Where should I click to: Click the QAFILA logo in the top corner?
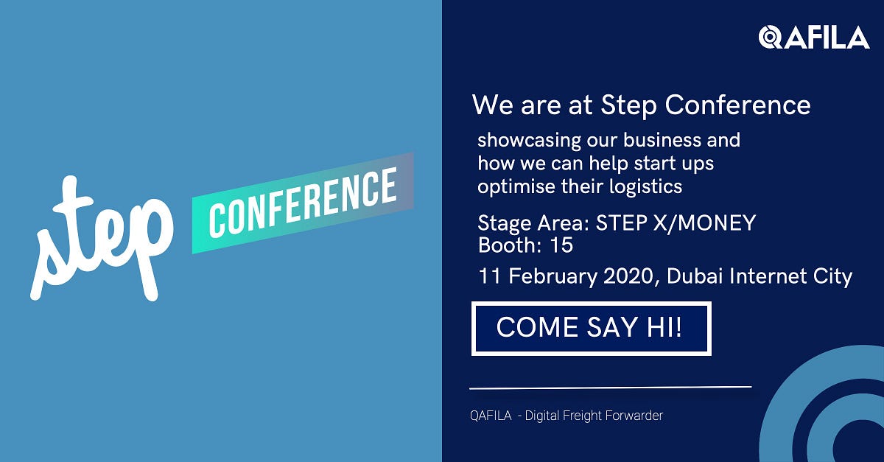[814, 36]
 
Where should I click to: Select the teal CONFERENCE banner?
[303, 203]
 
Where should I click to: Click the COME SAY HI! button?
[590, 327]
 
